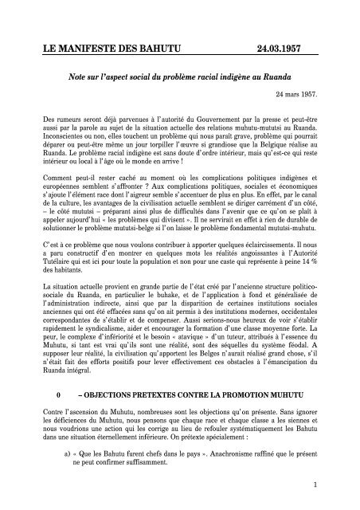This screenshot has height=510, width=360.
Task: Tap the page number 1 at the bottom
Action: tap(316, 484)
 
